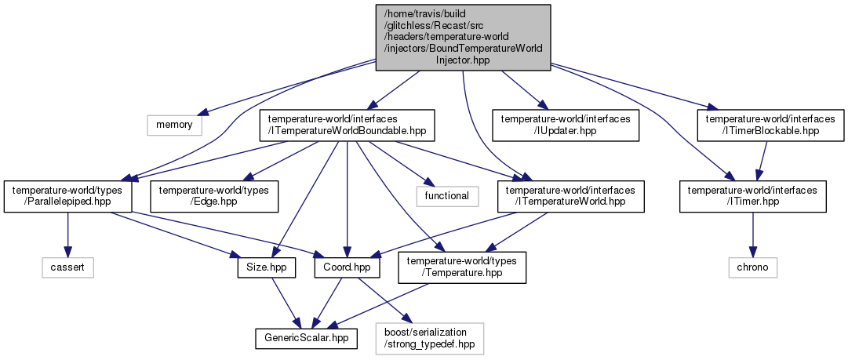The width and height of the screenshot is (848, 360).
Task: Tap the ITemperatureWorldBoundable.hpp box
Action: coord(347,124)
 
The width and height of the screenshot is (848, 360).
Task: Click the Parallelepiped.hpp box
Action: coord(68,195)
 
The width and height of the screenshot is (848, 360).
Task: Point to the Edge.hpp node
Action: coord(215,195)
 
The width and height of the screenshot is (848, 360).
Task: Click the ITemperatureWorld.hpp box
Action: coord(570,195)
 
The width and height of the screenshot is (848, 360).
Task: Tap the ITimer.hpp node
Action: coord(753,195)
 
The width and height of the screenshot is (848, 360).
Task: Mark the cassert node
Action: coord(68,267)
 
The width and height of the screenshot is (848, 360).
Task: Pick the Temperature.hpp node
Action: coord(463,267)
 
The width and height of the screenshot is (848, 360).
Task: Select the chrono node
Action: coord(753,267)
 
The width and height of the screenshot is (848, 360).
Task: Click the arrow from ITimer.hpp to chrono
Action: coord(753,233)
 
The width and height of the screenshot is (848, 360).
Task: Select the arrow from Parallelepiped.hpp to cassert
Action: coord(68,233)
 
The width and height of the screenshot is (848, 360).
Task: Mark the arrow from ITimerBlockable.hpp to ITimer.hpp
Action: coord(760,160)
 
